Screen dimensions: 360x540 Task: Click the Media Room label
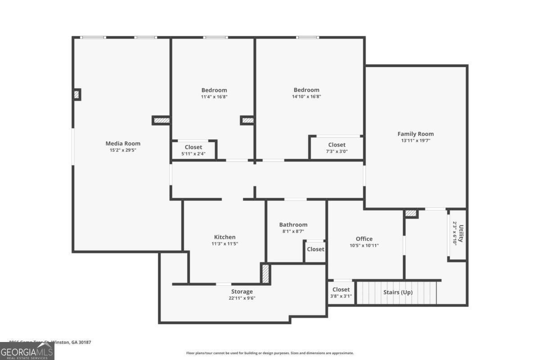click(x=123, y=144)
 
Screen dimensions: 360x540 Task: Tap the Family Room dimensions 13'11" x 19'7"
click(x=415, y=140)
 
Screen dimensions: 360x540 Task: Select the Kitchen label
click(x=225, y=237)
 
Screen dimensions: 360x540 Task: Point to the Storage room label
click(x=242, y=292)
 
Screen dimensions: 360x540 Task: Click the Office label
click(x=364, y=239)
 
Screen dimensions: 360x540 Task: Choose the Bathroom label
click(x=293, y=225)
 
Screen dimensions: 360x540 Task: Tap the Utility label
click(x=460, y=233)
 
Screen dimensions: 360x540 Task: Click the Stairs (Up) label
click(x=398, y=292)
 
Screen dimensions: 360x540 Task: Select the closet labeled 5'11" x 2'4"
click(x=193, y=150)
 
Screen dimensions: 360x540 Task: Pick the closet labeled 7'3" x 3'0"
click(x=337, y=148)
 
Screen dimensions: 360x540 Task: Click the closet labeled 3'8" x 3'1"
click(x=341, y=292)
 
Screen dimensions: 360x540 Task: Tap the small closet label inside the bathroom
click(x=315, y=249)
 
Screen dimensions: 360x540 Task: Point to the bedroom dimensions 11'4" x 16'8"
click(x=214, y=96)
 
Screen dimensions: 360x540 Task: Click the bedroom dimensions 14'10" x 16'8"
click(x=306, y=96)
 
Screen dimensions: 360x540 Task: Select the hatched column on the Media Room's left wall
click(x=76, y=94)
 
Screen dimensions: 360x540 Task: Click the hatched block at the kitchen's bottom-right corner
click(x=265, y=274)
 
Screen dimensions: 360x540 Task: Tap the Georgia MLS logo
click(x=27, y=351)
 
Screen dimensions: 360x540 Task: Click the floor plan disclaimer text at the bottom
click(x=270, y=353)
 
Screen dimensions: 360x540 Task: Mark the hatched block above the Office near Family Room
click(x=411, y=214)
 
